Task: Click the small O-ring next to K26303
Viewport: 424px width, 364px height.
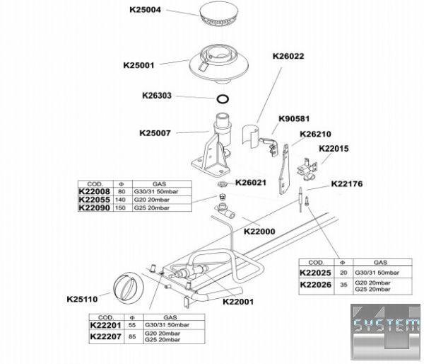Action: tap(222, 99)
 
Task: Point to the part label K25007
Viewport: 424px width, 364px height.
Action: tap(157, 132)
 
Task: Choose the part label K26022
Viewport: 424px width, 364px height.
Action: tap(288, 57)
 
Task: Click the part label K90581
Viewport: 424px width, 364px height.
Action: tap(295, 119)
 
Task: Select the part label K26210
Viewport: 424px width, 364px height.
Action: tap(316, 134)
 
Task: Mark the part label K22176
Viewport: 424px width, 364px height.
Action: tap(346, 185)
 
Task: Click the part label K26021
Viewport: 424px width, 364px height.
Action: tap(250, 183)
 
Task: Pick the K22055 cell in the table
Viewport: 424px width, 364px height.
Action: tap(93, 200)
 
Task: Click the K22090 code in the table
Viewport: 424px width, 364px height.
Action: tap(93, 209)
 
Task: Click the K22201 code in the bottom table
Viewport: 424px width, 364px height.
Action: tap(106, 324)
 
